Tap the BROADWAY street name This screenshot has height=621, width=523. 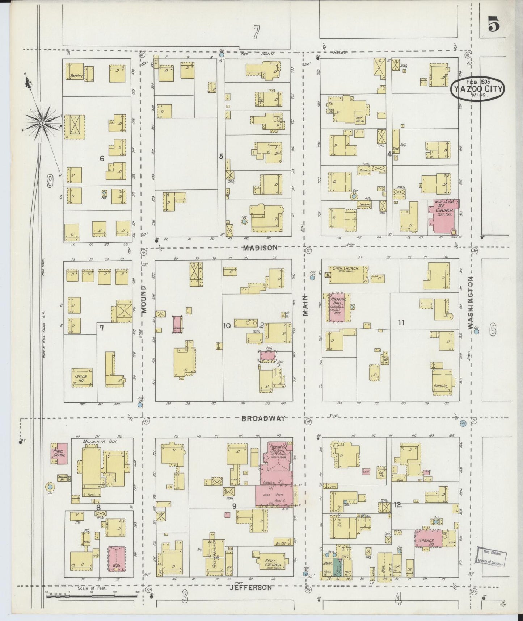click(x=263, y=418)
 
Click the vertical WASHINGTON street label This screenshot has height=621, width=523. click(x=470, y=303)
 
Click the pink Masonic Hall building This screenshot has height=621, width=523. click(x=339, y=308)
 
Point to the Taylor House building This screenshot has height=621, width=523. click(x=82, y=378)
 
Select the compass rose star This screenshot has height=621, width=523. click(x=42, y=123)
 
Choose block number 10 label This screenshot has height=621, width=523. click(x=227, y=326)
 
